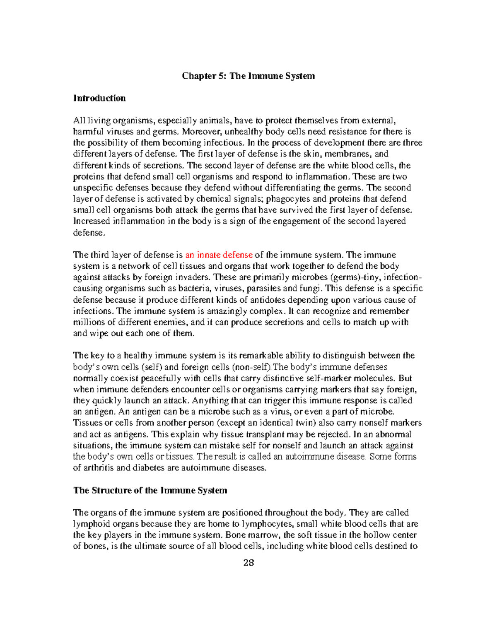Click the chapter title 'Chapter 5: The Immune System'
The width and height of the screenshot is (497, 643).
pos(248,76)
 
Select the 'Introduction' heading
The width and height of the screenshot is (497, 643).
pos(99,99)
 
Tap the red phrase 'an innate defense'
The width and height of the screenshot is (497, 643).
pos(219,255)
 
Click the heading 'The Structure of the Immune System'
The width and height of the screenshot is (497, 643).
pos(150,491)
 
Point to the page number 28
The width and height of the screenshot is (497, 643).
pos(248,563)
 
